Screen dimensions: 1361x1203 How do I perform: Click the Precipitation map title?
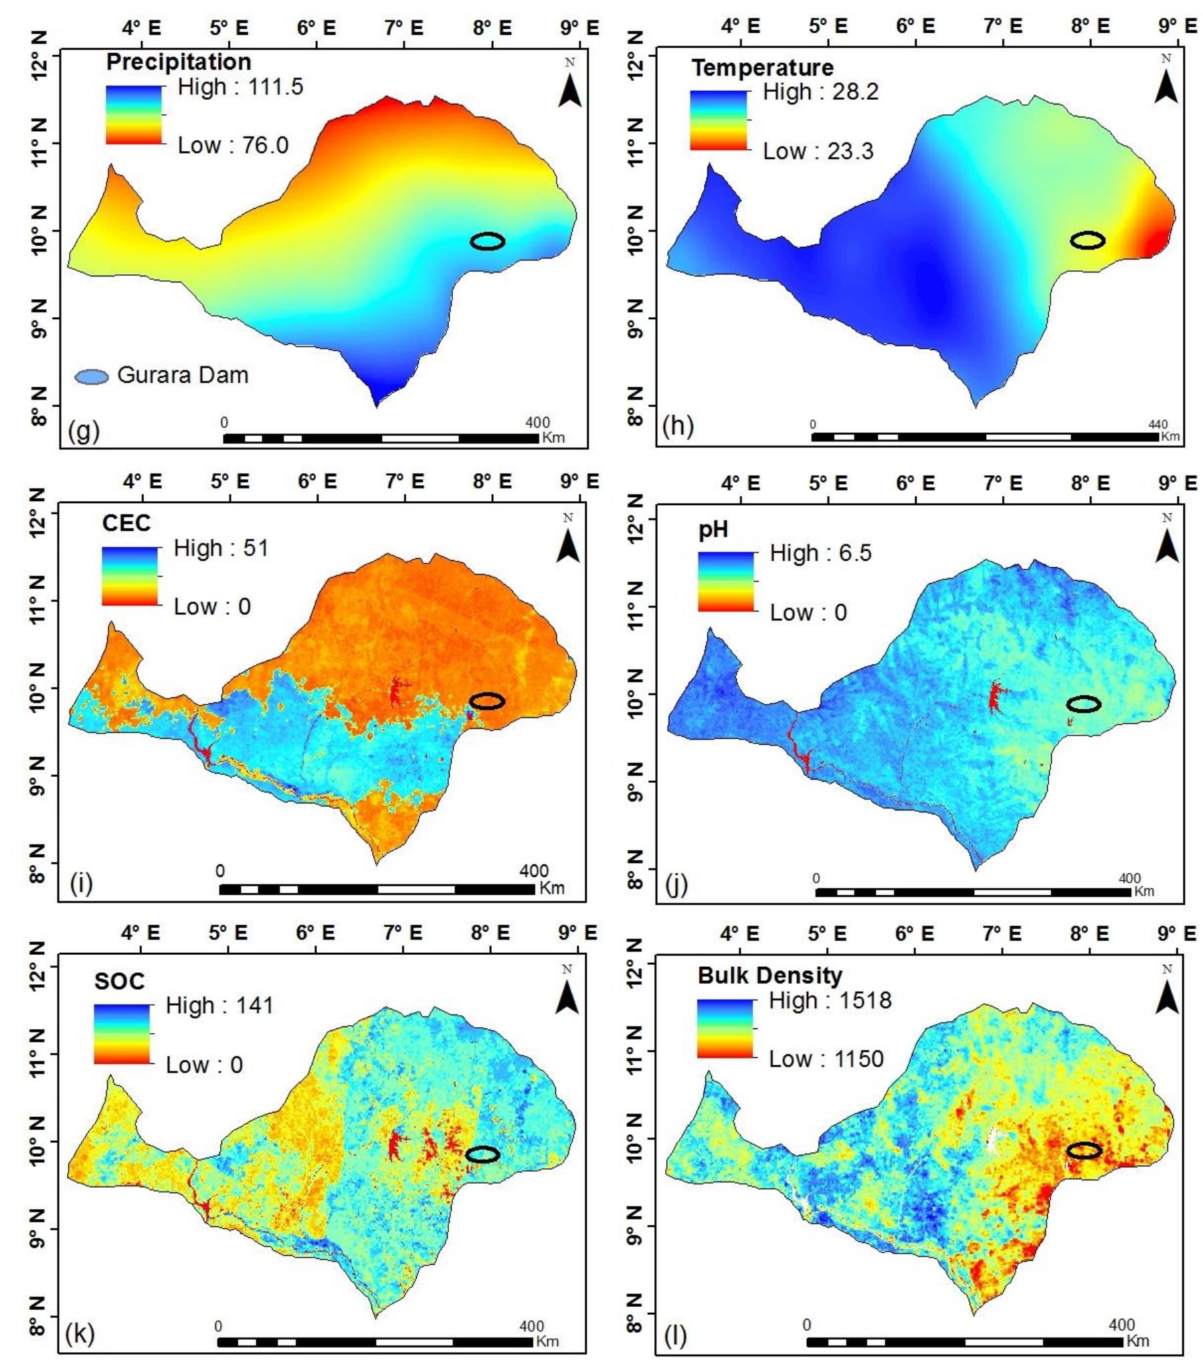tap(178, 62)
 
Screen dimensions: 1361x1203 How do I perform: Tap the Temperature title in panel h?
tap(762, 68)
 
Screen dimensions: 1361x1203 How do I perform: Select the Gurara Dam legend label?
tap(183, 375)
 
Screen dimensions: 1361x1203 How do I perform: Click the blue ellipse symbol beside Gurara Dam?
tap(91, 377)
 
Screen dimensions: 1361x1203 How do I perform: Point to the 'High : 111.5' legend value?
tap(240, 86)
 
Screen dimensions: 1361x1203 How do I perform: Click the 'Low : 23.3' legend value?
tap(818, 151)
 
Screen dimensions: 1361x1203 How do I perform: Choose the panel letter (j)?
tap(676, 885)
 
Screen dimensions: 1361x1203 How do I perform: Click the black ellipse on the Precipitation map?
tap(487, 242)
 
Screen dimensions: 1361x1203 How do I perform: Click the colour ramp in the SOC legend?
tap(122, 1034)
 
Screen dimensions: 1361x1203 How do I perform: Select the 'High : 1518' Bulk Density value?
tap(830, 1000)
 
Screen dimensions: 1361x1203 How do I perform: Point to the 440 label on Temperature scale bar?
tap(1158, 424)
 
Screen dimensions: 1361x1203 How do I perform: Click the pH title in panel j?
tap(713, 530)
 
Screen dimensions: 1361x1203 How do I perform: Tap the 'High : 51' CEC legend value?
tap(221, 548)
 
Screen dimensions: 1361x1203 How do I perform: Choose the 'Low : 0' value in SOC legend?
tap(204, 1065)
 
